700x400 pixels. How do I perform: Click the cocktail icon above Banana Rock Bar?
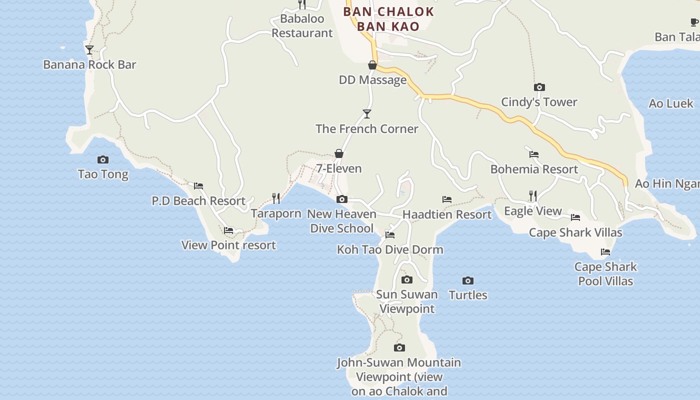point(89,50)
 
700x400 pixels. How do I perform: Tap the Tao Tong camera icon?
point(103,160)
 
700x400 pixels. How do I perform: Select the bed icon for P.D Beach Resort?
point(198,186)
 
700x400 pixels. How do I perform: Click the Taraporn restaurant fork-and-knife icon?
point(276,198)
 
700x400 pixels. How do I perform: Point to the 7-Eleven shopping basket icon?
point(339,153)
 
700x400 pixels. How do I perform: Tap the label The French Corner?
point(366,129)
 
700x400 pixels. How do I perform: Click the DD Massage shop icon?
point(372,65)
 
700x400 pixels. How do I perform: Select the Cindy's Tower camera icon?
point(539,87)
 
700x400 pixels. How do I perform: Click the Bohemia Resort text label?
point(534,169)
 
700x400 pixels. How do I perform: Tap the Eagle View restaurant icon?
point(533,196)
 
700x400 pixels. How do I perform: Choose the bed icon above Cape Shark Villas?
point(575,217)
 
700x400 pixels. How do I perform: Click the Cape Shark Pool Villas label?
point(605,274)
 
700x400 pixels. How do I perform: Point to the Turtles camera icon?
point(468,281)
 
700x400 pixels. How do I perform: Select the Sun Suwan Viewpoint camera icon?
point(407,280)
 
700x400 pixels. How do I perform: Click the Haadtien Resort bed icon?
point(447,199)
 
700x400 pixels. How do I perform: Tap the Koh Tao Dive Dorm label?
point(390,249)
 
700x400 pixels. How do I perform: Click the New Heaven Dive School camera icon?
point(342,199)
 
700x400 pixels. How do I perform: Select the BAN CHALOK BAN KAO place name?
point(388,19)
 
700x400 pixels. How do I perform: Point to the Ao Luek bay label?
point(671,104)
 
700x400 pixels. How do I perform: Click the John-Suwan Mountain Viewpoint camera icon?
point(399,348)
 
